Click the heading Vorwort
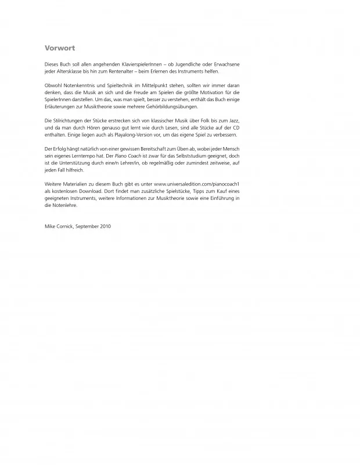60,48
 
